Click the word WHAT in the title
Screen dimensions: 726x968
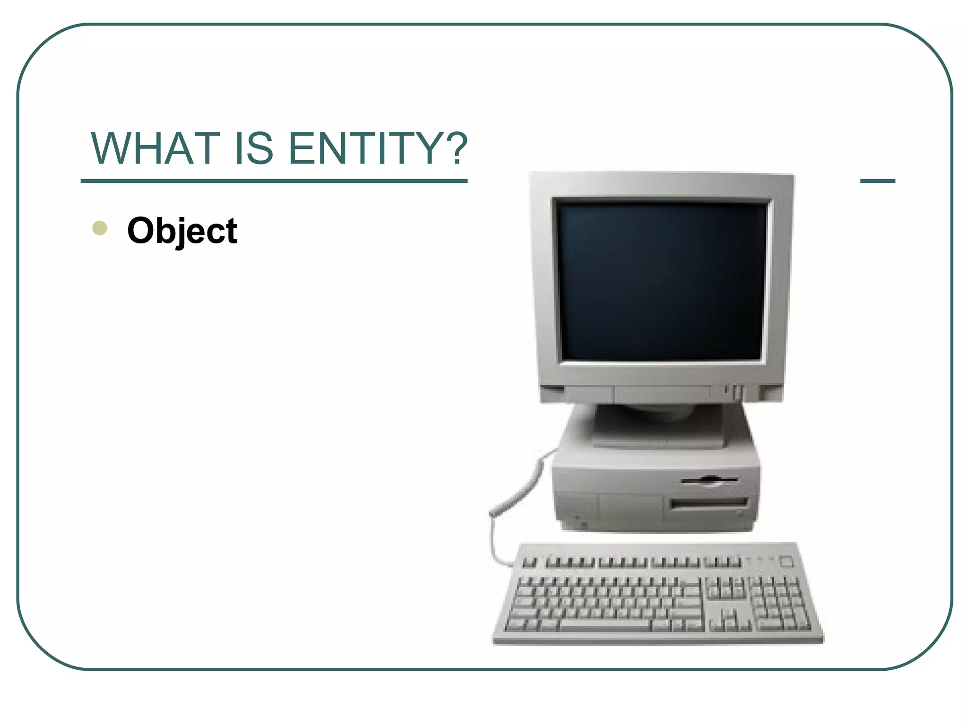[156, 148]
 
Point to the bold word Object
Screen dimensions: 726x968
[182, 231]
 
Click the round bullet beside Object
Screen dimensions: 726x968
[100, 228]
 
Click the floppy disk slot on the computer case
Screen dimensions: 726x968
[709, 481]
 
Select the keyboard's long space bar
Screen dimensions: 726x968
[605, 625]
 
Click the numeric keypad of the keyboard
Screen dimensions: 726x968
[776, 605]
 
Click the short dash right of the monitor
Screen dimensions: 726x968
[877, 181]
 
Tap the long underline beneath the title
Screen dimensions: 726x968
[274, 181]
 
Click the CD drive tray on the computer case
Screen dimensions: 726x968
[709, 503]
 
